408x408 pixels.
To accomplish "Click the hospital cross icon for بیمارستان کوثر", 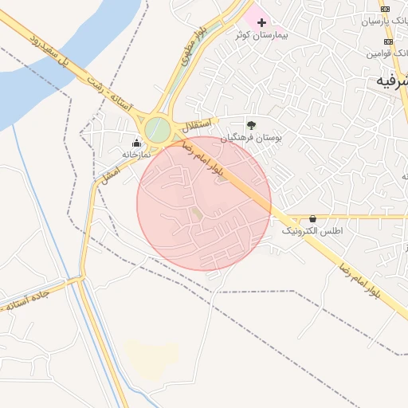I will (x=261, y=22).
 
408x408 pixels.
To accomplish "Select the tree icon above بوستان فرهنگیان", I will (x=251, y=124).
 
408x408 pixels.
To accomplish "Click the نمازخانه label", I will (x=136, y=154).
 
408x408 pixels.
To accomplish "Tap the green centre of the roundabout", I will (x=158, y=130).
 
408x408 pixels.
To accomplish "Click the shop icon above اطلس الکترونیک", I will (x=312, y=218).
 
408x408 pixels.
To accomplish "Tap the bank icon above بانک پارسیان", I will (x=387, y=10).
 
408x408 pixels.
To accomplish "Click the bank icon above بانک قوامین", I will (x=388, y=41).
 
